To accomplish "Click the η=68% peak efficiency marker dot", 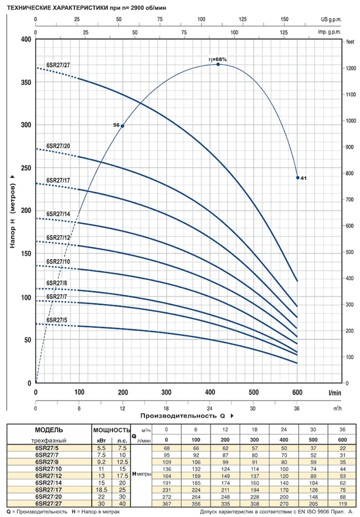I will point(218,65).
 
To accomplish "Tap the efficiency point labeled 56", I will point(122,126).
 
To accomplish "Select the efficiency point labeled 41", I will point(298,178).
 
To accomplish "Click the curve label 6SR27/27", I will point(58,65).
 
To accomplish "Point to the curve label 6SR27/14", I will point(58,213).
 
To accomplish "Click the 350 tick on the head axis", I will point(25,83).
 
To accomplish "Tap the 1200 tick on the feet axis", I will point(350,68).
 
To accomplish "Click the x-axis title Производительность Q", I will point(185,415).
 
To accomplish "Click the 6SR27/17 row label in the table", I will point(48,489).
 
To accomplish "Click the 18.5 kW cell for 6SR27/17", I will point(101,489).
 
